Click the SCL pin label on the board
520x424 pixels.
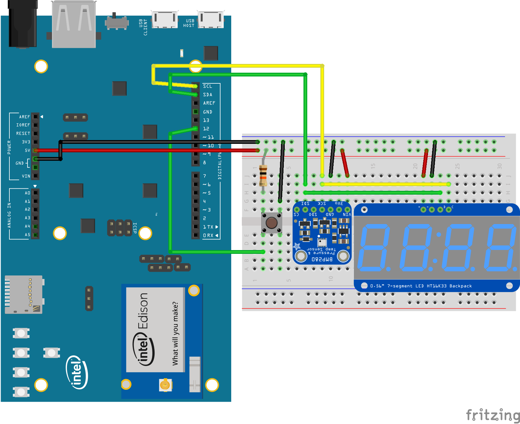[207, 86]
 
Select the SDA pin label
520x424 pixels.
[207, 95]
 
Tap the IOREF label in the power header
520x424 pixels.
[23, 125]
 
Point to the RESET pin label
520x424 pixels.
[23, 133]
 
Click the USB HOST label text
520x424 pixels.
[189, 23]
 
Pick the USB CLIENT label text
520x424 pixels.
[143, 27]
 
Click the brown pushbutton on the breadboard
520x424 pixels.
[272, 223]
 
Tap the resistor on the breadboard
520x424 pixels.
[263, 175]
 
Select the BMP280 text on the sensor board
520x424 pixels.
[322, 259]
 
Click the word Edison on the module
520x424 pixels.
[143, 311]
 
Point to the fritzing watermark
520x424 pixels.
[493, 415]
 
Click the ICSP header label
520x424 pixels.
[135, 228]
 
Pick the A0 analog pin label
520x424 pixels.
[28, 193]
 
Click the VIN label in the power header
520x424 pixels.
[26, 176]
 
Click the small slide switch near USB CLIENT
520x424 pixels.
[116, 22]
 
